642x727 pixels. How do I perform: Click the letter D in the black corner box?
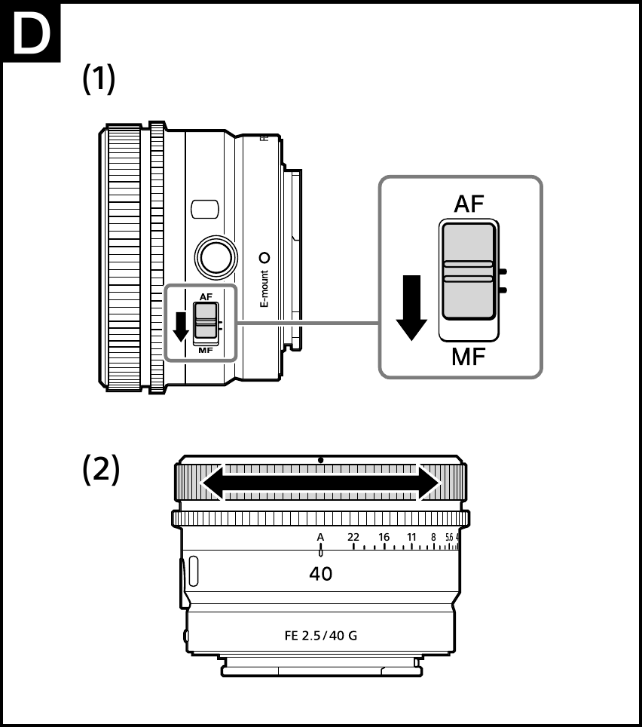point(30,33)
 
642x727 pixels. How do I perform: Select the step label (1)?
point(99,79)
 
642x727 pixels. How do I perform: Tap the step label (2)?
point(100,470)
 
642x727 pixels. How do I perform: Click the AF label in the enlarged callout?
point(469,204)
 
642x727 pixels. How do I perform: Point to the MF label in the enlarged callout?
point(469,356)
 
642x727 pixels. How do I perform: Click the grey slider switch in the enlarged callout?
point(468,271)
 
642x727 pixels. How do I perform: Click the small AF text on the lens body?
point(206,296)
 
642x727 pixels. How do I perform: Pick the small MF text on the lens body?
point(206,351)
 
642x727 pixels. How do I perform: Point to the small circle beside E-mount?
point(264,256)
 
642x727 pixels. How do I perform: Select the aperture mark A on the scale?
point(320,537)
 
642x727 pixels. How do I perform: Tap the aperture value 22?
point(353,537)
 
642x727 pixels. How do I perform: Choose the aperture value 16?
point(384,537)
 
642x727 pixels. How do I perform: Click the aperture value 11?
point(411,537)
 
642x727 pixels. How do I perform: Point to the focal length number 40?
point(321,574)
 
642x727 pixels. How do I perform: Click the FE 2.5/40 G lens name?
point(321,635)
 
